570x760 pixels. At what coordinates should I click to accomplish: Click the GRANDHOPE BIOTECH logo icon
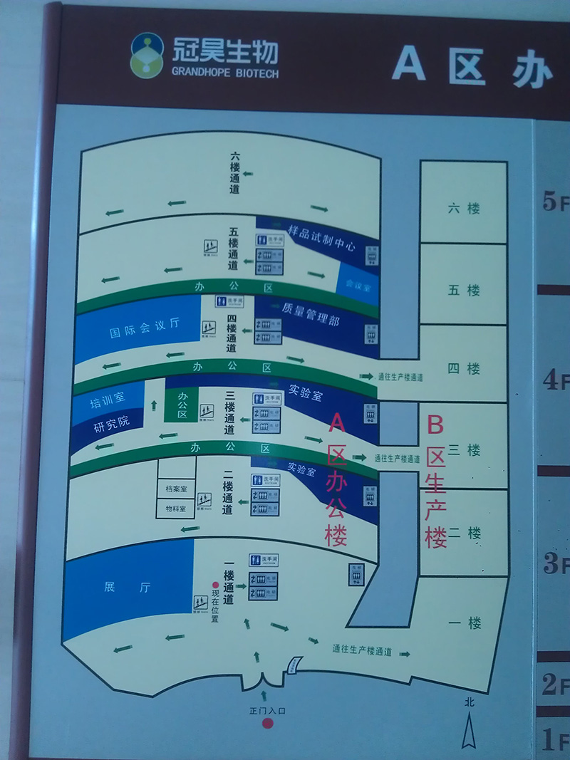click(147, 55)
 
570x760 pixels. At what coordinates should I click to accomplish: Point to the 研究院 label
click(113, 422)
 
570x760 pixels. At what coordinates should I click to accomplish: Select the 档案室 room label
click(175, 489)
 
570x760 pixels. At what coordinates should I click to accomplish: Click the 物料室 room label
click(175, 509)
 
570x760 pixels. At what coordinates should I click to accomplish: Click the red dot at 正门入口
click(267, 724)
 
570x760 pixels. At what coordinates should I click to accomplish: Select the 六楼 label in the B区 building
click(464, 209)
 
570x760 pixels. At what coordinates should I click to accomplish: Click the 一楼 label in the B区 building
click(465, 623)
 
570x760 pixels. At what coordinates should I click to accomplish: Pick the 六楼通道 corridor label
click(235, 173)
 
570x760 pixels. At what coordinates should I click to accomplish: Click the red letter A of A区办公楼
click(337, 425)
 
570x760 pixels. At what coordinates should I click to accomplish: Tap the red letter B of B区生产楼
click(435, 427)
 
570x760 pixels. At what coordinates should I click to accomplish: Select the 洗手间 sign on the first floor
click(264, 561)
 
